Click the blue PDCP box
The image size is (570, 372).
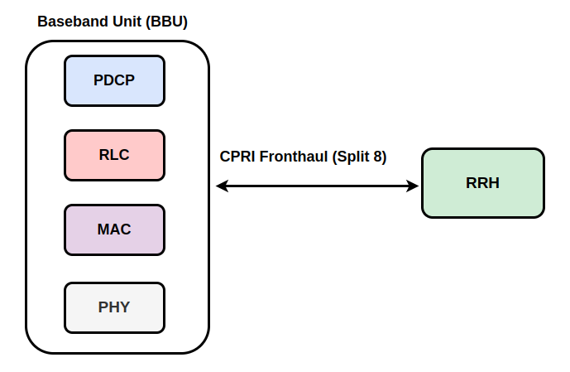click(114, 81)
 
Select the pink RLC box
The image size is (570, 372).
click(114, 156)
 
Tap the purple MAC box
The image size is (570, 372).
click(114, 230)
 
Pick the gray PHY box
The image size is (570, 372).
click(114, 308)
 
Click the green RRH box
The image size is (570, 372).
click(483, 183)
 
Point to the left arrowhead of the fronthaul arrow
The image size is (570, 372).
click(222, 186)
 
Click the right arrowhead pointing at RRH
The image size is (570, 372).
click(413, 186)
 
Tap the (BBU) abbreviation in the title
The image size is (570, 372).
click(166, 22)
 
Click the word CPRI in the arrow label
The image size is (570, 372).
click(237, 157)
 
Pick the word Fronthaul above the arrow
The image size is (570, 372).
click(294, 157)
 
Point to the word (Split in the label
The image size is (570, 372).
click(350, 157)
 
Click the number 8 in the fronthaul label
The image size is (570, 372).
click(377, 157)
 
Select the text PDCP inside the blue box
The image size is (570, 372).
click(114, 80)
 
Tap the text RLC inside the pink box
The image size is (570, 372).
click(114, 155)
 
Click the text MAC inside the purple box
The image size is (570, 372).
click(114, 229)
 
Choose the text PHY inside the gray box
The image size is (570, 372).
click(114, 307)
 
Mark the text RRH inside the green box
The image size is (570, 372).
click(483, 183)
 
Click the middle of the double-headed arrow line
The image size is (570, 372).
click(318, 186)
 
